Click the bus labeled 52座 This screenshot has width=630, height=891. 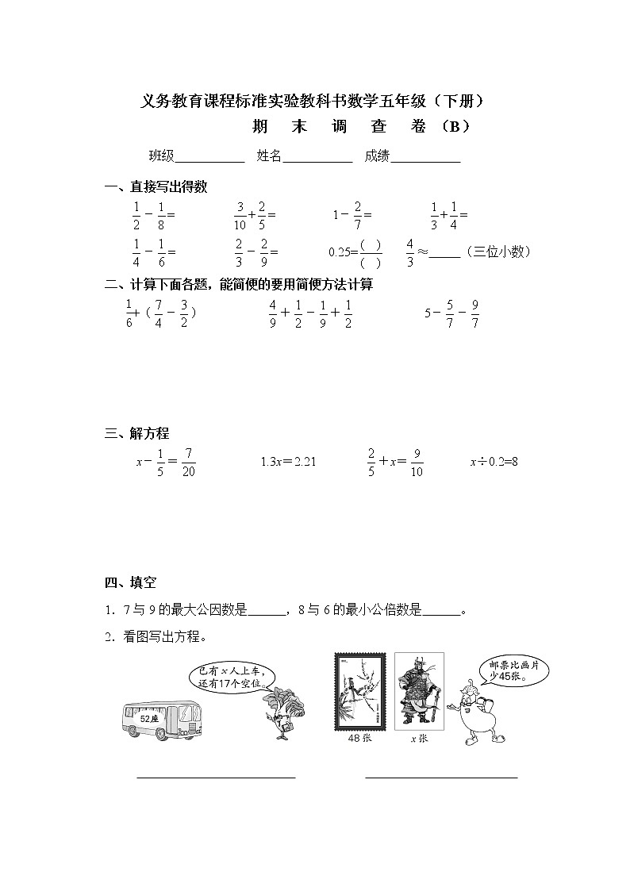(159, 719)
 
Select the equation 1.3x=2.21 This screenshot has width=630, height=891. (288, 461)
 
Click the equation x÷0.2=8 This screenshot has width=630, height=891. (494, 461)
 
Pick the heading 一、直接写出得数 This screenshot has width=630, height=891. (156, 187)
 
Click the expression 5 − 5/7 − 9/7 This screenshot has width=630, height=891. (452, 313)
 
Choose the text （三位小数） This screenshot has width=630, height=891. (497, 252)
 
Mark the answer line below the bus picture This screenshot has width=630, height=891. (216, 778)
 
